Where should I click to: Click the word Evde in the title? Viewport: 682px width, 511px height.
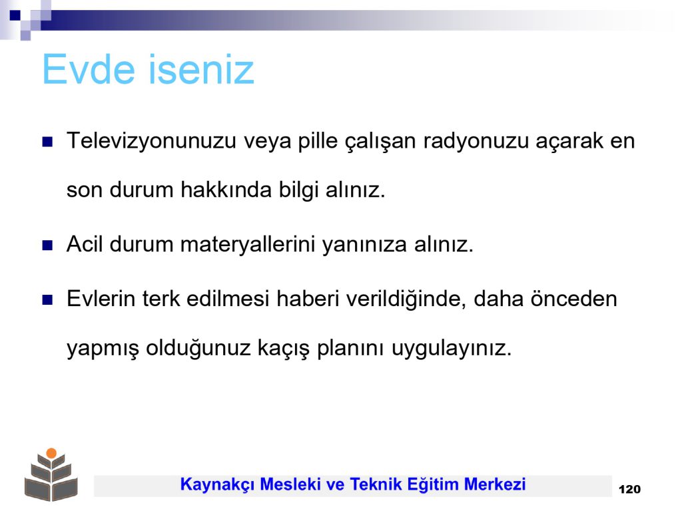(89, 69)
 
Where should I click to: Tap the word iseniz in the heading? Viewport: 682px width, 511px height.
(201, 69)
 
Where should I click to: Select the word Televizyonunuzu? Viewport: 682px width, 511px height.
(151, 141)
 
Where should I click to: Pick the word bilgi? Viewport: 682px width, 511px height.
(299, 190)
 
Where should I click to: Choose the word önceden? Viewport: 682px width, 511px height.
(573, 299)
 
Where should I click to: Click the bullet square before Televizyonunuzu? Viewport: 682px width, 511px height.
(47, 142)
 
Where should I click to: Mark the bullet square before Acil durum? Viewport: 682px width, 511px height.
(47, 246)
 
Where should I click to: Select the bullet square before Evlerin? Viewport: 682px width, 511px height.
(47, 300)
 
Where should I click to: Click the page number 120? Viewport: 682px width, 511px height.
(629, 489)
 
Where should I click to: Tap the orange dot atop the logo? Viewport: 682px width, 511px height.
(51, 453)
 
